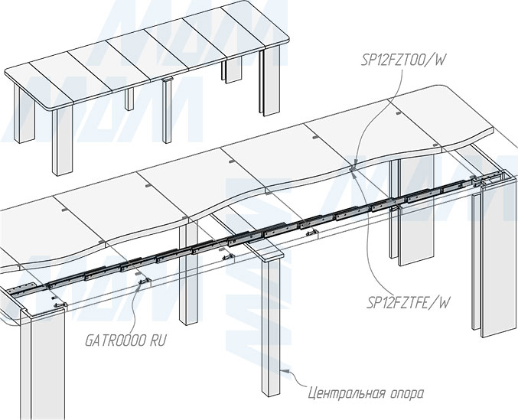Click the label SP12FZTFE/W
(x=408, y=303)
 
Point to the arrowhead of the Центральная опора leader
(x=284, y=371)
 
